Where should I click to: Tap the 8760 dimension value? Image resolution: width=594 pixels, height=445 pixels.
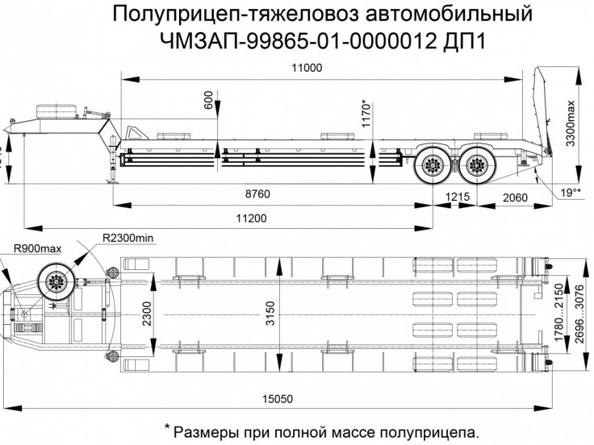256,194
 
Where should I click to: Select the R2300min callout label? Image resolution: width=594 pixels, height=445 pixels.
128,239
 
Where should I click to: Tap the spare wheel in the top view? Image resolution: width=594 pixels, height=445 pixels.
59,281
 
